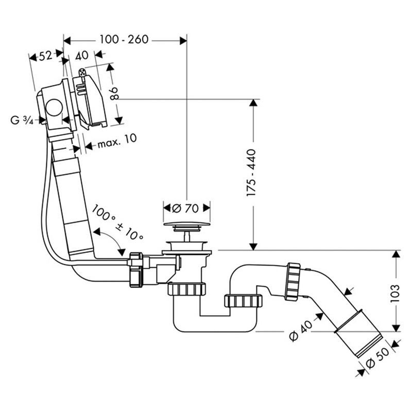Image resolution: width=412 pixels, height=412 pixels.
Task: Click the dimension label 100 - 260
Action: [124, 40]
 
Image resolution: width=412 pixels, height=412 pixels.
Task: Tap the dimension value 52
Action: [46, 56]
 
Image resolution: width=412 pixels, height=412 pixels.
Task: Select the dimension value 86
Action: [115, 93]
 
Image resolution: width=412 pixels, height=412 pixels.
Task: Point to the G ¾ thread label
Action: [22, 120]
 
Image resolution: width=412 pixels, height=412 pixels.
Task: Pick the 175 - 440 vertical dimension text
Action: [251, 173]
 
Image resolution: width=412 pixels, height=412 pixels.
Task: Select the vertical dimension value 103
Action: [395, 293]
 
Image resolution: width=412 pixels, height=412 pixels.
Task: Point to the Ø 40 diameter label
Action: [301, 330]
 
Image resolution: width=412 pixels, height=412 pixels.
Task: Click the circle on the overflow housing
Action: [54, 108]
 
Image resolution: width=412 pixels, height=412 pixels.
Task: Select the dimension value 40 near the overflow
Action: [82, 56]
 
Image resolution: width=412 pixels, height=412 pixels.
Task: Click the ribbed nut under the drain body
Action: [186, 289]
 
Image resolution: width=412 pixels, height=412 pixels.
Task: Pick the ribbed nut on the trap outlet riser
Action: [243, 301]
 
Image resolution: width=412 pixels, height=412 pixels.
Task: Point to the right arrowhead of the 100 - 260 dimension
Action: [183, 41]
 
